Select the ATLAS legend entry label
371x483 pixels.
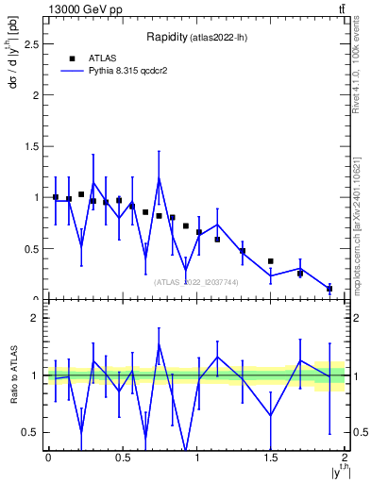pos(103,58)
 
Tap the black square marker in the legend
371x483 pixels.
pos(72,58)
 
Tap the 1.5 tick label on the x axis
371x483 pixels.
pos(270,458)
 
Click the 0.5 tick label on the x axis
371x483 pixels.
pos(122,458)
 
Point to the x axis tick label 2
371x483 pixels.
pos(345,458)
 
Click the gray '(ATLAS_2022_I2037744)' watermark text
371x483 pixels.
pos(196,281)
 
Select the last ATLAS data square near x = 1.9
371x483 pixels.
pos(329,289)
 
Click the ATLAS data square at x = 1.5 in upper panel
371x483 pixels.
pos(271,261)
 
